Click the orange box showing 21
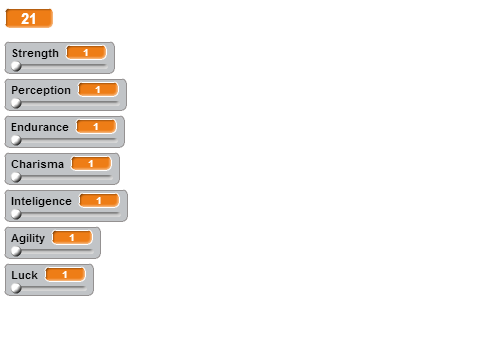click(29, 18)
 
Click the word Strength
click(35, 53)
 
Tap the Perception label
click(41, 91)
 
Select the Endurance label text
click(40, 127)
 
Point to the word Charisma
click(37, 164)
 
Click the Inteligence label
click(41, 202)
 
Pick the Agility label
click(28, 239)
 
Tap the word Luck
click(24, 275)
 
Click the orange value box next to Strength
click(86, 53)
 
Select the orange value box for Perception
click(98, 90)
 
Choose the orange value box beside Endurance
click(96, 127)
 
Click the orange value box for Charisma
click(91, 164)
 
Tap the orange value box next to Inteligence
click(99, 201)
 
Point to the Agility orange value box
click(72, 238)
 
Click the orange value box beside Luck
click(65, 275)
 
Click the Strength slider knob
click(16, 66)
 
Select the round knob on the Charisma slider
click(16, 177)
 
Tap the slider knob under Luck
click(16, 288)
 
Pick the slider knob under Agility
click(16, 251)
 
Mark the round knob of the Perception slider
click(16, 103)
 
